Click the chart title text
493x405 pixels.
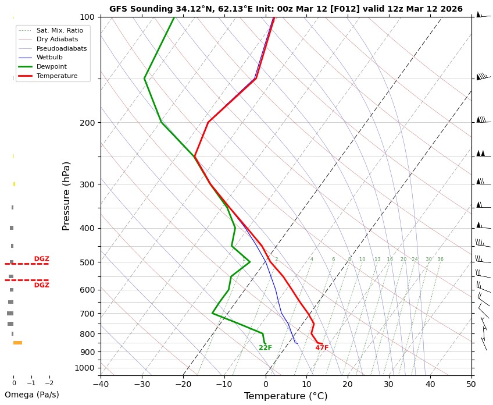pyautogui.click(x=286, y=9)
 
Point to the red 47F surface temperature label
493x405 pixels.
pyautogui.click(x=322, y=348)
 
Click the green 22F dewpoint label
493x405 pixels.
pyautogui.click(x=265, y=348)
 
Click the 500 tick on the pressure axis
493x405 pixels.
pyautogui.click(x=87, y=262)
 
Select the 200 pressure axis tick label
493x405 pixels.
pyautogui.click(x=87, y=123)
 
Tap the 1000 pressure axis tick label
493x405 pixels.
pyautogui.click(x=85, y=368)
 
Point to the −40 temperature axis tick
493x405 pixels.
pyautogui.click(x=101, y=384)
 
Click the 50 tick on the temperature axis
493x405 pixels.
pyautogui.click(x=471, y=384)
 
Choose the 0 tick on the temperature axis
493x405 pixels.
pyautogui.click(x=266, y=384)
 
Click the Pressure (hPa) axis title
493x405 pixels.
pyautogui.click(x=66, y=196)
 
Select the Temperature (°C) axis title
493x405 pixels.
pyautogui.click(x=285, y=396)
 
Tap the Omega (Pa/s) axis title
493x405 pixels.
pyautogui.click(x=32, y=395)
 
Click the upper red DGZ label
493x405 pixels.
pyautogui.click(x=41, y=259)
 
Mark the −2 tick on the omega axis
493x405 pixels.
pyautogui.click(x=49, y=383)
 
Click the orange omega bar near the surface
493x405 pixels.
pyautogui.click(x=18, y=343)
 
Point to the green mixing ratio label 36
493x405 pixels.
pyautogui.click(x=440, y=260)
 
